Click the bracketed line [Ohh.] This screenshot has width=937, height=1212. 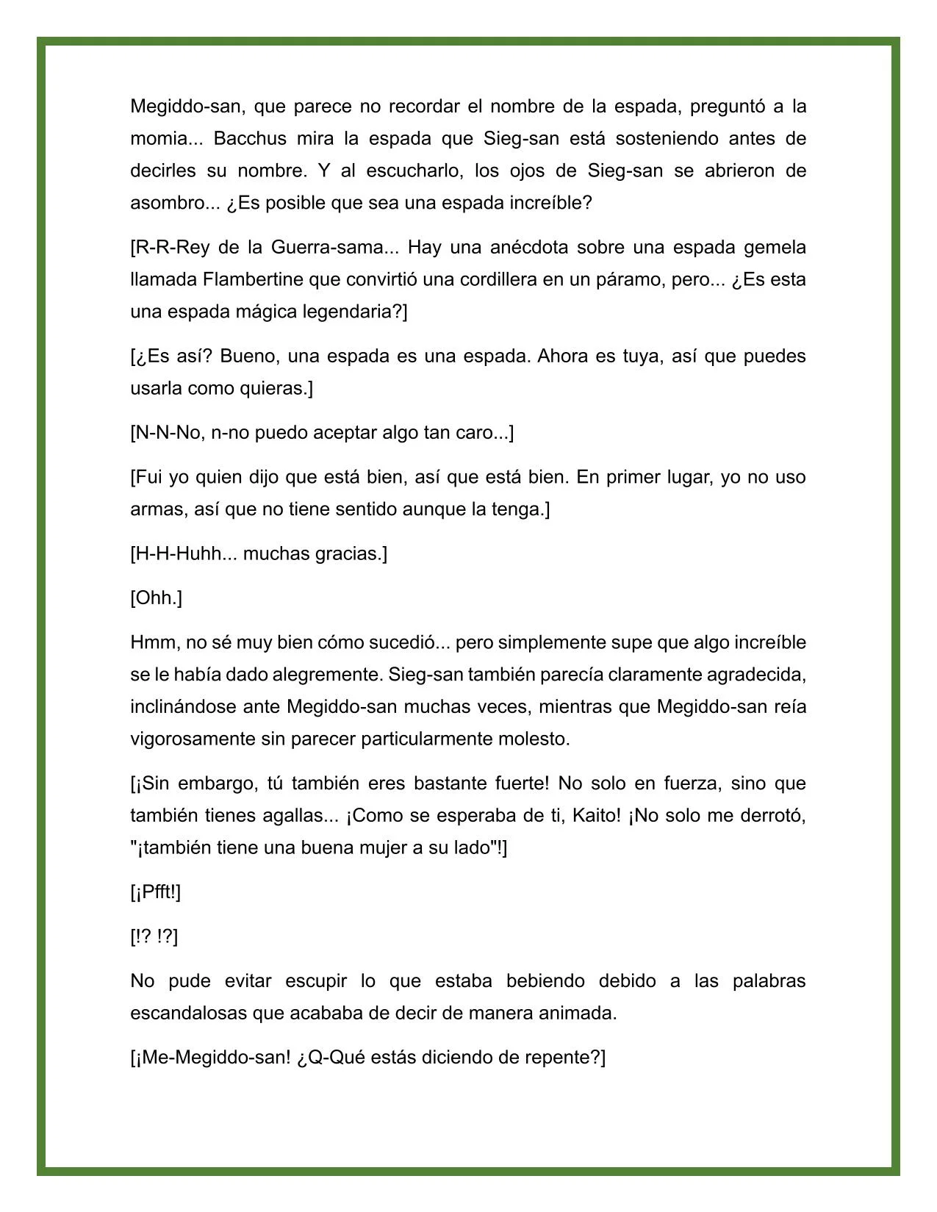click(x=156, y=598)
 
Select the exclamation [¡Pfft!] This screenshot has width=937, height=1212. click(x=155, y=892)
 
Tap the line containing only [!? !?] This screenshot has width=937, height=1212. click(x=154, y=936)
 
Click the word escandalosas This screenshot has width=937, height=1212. click(x=189, y=1013)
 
